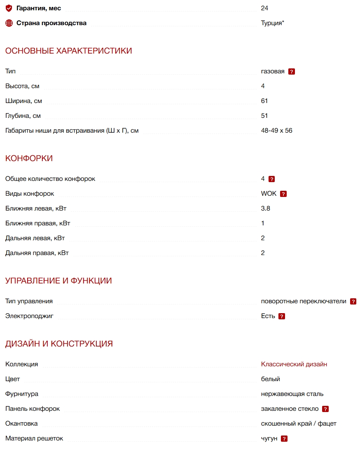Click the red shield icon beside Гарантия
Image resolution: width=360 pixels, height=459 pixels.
pos(9,8)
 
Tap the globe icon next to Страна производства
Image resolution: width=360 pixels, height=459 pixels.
pos(9,23)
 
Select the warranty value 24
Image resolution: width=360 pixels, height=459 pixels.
pos(264,8)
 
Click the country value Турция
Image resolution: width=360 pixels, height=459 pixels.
pos(272,23)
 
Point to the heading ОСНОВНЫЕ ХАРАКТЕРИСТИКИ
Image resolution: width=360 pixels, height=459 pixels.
pos(68,51)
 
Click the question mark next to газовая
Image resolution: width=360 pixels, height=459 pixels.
pos(292,72)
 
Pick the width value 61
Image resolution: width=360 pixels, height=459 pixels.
pos(264,101)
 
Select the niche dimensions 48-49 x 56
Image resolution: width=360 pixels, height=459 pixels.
pos(276,131)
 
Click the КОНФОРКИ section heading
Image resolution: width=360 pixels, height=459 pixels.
pos(29,159)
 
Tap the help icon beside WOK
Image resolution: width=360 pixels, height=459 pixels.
pos(283,194)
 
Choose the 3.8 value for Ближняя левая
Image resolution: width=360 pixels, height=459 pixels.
pos(266,208)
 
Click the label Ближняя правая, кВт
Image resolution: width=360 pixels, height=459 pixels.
pos(38,223)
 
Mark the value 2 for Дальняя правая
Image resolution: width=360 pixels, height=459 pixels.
pos(263,253)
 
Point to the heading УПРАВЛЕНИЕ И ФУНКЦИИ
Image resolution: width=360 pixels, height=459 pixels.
pos(58,281)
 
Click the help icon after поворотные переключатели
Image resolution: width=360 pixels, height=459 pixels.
pos(353,302)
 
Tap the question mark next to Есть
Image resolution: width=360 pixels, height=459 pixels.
pos(282,316)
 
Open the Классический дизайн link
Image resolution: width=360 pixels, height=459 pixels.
pos(294,364)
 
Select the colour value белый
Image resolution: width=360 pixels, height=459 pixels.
pos(271,379)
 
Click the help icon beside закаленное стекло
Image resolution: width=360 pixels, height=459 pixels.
pos(325,409)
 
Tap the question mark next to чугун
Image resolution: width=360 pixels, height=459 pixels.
pos(284,439)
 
